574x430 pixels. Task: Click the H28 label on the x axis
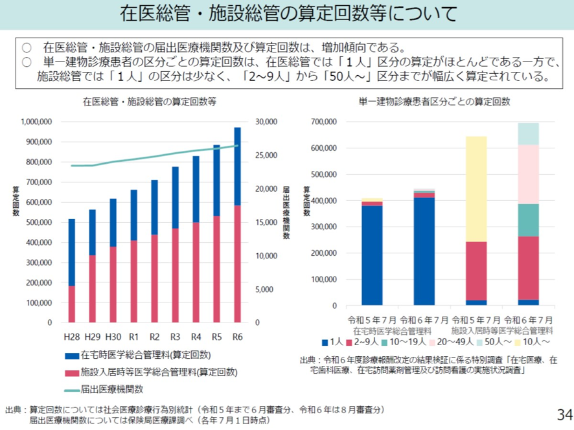pyautogui.click(x=72, y=337)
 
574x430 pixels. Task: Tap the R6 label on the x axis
pyautogui.click(x=237, y=337)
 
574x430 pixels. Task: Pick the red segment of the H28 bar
pyautogui.click(x=72, y=304)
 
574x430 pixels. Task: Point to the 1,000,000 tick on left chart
pyautogui.click(x=36, y=122)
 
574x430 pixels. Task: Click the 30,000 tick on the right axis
pyautogui.click(x=267, y=122)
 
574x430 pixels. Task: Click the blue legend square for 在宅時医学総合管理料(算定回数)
pyautogui.click(x=71, y=355)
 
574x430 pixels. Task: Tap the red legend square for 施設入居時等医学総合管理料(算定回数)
pyautogui.click(x=71, y=372)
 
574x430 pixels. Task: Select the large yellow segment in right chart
pyautogui.click(x=476, y=188)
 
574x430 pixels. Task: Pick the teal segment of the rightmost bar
pyautogui.click(x=528, y=220)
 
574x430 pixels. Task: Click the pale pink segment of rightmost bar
pyautogui.click(x=528, y=174)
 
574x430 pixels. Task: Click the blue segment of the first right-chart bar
pyautogui.click(x=372, y=255)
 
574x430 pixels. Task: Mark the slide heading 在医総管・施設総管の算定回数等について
pyautogui.click(x=287, y=14)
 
